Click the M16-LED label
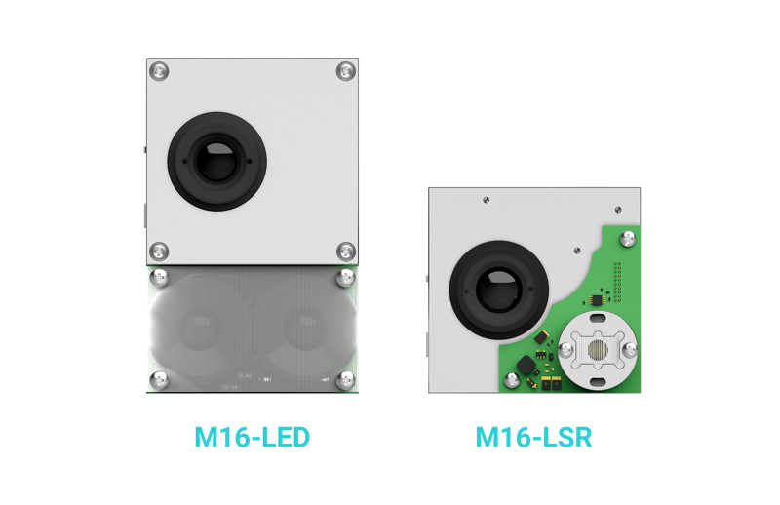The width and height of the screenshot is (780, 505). (252, 438)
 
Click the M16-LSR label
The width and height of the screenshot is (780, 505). (533, 438)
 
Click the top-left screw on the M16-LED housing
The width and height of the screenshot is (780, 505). (160, 71)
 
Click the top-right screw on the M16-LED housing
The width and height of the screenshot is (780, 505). (345, 71)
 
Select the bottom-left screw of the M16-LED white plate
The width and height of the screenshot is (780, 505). (160, 252)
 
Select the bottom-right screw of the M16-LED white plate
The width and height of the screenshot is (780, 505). (345, 252)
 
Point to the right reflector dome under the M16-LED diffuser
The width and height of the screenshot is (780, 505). (303, 327)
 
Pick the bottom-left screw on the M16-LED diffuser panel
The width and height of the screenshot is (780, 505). (160, 378)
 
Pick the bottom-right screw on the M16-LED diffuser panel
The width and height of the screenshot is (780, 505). (345, 378)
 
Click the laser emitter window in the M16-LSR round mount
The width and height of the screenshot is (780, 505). (597, 348)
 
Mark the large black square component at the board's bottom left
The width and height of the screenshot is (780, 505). (527, 365)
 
